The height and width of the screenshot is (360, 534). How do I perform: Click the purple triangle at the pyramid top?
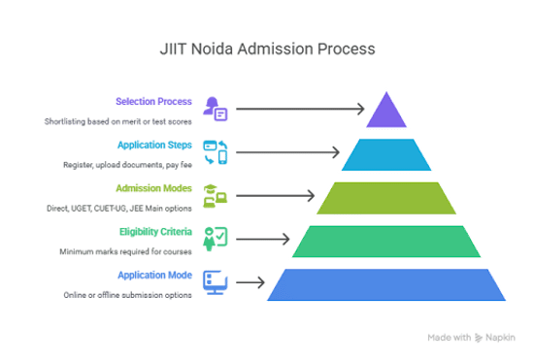tap(386, 114)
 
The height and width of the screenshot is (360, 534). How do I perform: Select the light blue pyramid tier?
tap(386, 154)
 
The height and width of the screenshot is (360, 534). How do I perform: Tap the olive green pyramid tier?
tap(386, 198)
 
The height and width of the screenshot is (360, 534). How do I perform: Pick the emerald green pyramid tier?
tap(386, 242)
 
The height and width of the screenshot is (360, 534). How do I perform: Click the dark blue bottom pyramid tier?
tap(386, 285)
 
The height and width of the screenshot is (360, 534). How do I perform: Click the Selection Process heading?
tap(153, 101)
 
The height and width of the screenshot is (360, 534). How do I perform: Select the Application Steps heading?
tap(154, 145)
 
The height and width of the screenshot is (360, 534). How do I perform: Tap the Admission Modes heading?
tap(153, 188)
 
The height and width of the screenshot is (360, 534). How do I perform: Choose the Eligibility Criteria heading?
tap(155, 232)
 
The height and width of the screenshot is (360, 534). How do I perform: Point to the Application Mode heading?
tap(155, 275)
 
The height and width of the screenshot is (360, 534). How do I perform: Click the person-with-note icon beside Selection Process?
tap(216, 109)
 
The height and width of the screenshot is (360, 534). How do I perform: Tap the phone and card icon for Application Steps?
tap(216, 152)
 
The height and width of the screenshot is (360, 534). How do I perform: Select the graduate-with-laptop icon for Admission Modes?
tap(216, 196)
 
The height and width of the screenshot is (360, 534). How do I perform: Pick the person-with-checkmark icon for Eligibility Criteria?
tap(216, 240)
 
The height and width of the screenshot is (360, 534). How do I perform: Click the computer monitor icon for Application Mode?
tap(216, 282)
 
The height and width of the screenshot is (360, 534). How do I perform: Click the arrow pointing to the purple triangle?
tap(300, 109)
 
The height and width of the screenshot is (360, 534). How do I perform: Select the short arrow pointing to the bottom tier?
tap(250, 282)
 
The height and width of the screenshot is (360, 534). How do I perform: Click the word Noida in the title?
tap(212, 49)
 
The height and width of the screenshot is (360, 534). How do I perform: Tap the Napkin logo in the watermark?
tap(479, 338)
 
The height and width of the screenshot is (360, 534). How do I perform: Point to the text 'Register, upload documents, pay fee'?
tap(128, 165)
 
